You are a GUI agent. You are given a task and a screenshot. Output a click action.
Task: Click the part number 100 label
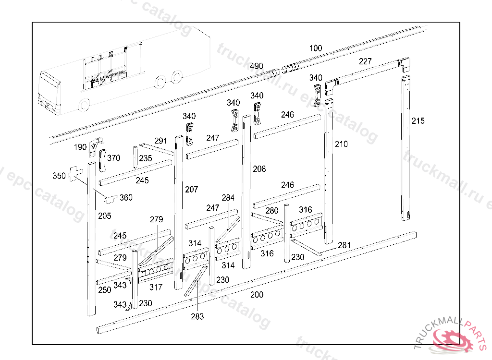click(x=316, y=48)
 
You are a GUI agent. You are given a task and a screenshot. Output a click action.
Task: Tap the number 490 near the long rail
click(x=257, y=66)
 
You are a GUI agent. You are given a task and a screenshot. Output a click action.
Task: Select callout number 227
click(x=365, y=61)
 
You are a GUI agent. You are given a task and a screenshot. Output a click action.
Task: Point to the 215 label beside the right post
click(x=418, y=121)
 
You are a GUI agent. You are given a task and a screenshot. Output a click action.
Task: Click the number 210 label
click(x=341, y=144)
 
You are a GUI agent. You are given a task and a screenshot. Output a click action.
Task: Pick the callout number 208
click(x=259, y=169)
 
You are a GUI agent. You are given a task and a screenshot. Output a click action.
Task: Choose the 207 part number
click(x=191, y=190)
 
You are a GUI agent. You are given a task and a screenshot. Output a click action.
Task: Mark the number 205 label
click(x=105, y=216)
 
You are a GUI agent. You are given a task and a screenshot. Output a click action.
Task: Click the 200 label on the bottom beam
click(x=257, y=294)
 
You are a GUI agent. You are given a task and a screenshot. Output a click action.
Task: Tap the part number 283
click(x=197, y=316)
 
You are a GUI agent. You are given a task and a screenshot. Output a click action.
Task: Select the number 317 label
click(x=156, y=288)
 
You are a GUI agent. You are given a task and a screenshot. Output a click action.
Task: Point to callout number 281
click(x=344, y=245)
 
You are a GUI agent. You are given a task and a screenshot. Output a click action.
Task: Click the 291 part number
click(x=161, y=141)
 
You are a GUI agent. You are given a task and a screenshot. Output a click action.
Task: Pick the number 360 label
click(x=126, y=198)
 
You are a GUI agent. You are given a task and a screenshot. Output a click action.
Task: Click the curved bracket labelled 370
click(x=102, y=160)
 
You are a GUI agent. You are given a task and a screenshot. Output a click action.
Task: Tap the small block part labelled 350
click(x=75, y=175)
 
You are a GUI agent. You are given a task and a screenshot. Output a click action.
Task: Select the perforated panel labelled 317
click(x=156, y=272)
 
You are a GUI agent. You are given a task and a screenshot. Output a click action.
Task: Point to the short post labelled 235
click(x=135, y=156)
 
